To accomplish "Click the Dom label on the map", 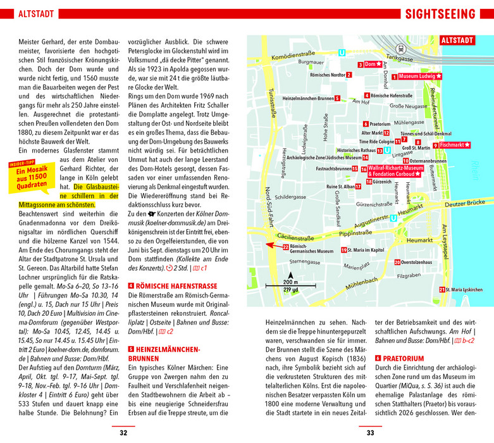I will tap(371, 65).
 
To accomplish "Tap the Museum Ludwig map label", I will tap(420, 77).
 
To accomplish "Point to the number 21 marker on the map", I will tap(442, 289).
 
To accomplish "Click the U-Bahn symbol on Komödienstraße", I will tap(342, 54).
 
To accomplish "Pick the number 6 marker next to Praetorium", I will tap(366, 123).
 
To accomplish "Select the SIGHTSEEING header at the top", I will tap(440, 14).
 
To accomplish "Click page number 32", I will tap(123, 433).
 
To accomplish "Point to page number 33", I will tap(371, 433).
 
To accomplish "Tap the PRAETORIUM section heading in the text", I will tap(402, 358).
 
